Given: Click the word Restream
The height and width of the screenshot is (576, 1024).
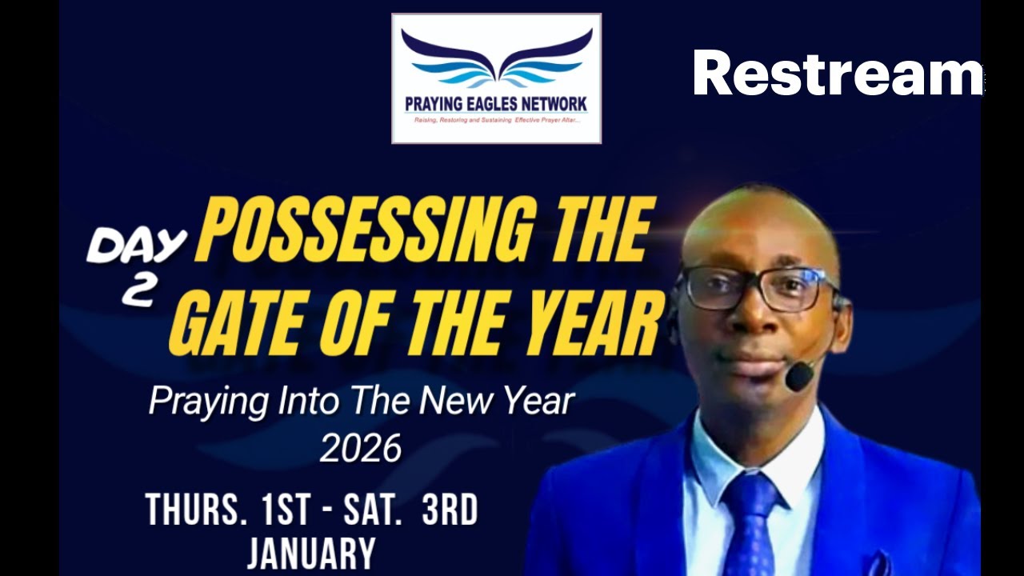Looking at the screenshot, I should click(838, 73).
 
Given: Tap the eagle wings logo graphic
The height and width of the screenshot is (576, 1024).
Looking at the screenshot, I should click(496, 60).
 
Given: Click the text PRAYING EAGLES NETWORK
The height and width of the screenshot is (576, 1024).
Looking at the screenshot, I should click(496, 104).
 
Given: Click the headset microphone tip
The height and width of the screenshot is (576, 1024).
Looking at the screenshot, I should click(798, 377).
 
